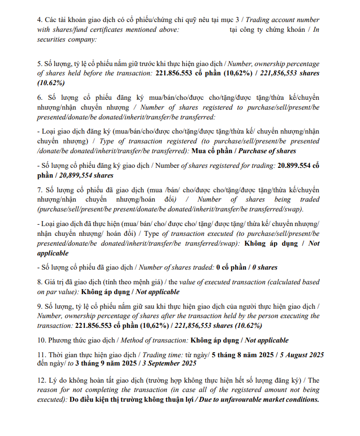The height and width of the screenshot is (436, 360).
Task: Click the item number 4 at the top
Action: (x=40, y=20)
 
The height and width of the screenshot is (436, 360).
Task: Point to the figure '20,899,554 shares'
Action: (x=86, y=175)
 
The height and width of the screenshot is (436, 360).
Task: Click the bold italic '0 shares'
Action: (x=264, y=268)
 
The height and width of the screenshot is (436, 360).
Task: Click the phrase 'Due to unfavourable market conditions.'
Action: (x=257, y=399)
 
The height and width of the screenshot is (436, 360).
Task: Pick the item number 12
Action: (x=42, y=380)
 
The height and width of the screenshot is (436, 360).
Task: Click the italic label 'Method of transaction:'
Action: (x=153, y=340)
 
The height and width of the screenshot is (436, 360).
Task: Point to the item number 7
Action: (x=40, y=190)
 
